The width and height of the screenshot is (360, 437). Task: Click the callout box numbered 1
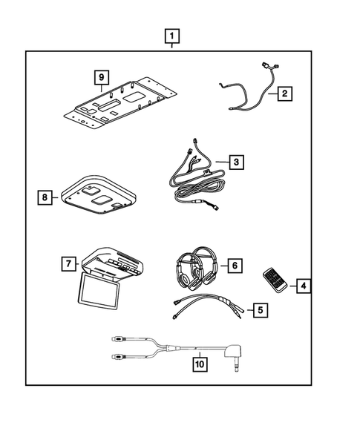171,36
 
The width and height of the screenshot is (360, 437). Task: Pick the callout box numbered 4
303,284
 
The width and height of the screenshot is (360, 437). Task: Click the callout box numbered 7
67,263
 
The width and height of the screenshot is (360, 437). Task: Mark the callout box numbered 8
46,197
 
